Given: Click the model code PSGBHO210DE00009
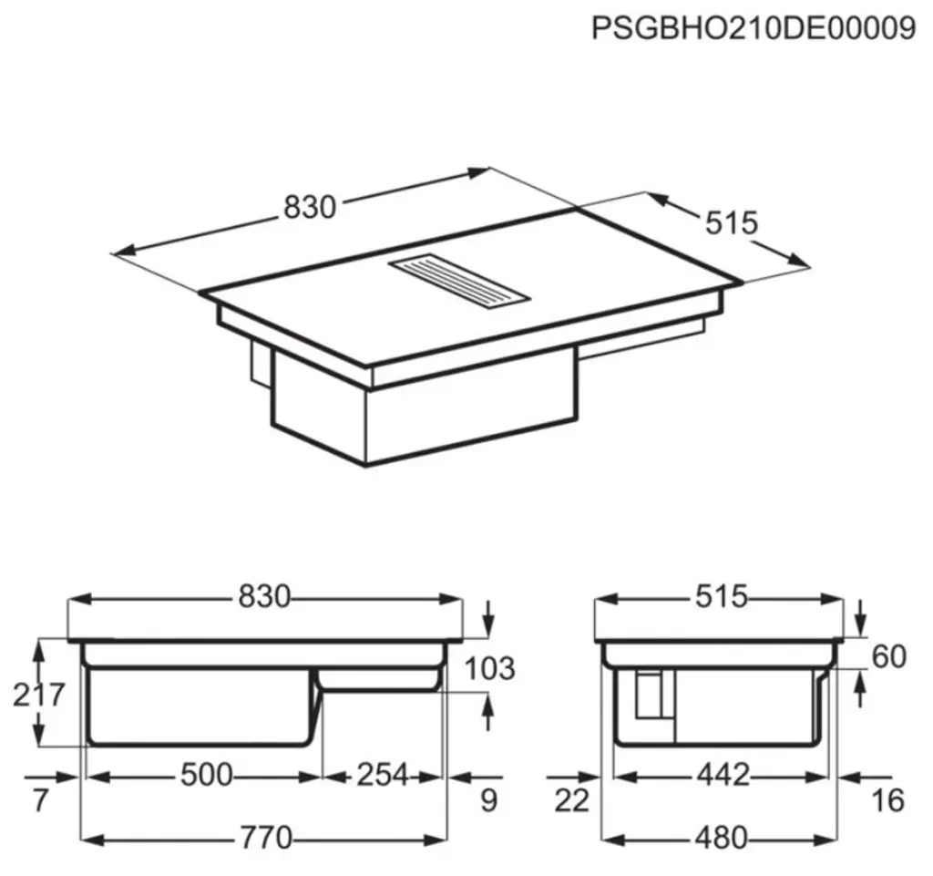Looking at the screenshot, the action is pyautogui.click(x=754, y=28).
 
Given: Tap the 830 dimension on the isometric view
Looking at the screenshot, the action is pyautogui.click(x=310, y=207).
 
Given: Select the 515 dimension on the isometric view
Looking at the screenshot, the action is pyautogui.click(x=732, y=223).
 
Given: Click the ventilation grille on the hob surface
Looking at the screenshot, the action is pyautogui.click(x=459, y=282).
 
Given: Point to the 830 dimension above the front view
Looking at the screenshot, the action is pyautogui.click(x=264, y=596).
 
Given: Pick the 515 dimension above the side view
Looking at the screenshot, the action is pyautogui.click(x=722, y=596).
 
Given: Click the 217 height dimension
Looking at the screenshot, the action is pyautogui.click(x=38, y=694).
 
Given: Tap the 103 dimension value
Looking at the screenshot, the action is pyautogui.click(x=489, y=668).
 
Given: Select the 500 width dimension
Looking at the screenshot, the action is pyautogui.click(x=207, y=775).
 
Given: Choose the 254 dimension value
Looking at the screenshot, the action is pyautogui.click(x=383, y=775).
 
